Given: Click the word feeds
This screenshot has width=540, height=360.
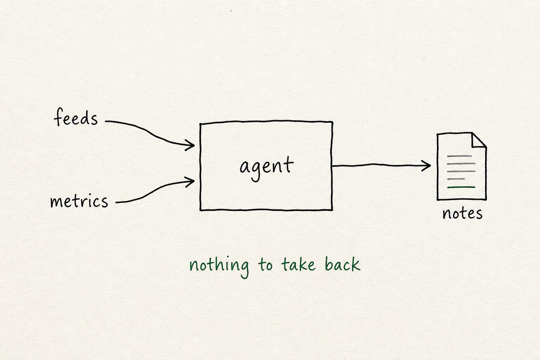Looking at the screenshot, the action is tap(76, 117).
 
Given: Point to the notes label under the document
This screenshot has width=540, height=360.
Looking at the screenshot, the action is tap(462, 214).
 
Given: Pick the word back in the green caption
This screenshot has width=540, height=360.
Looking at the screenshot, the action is tap(343, 264).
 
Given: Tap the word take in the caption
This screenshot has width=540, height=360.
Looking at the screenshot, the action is tap(298, 264).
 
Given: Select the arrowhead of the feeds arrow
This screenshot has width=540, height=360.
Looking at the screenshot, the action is tap(190, 145).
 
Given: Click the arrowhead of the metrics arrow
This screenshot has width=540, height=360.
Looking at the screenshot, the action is tap(190, 182).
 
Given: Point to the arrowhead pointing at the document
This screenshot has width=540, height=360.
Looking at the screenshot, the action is tap(426, 166).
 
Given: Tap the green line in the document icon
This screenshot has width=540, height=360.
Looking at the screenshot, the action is tap(461, 187).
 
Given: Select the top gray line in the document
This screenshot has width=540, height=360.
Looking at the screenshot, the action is tap(459, 156).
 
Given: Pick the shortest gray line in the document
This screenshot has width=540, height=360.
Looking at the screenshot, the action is tap(456, 179).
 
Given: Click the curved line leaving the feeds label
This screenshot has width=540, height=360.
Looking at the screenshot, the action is tap(149, 132).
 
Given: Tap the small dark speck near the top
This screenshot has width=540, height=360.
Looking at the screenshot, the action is tap(231, 11).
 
